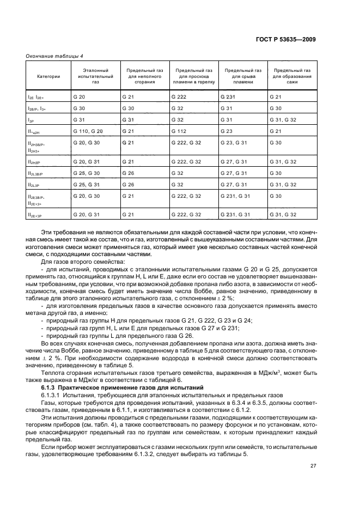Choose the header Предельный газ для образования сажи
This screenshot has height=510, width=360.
point(292,77)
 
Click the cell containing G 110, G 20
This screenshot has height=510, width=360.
point(88,131)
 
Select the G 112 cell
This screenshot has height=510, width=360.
point(179,131)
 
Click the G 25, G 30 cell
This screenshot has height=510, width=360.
point(88,173)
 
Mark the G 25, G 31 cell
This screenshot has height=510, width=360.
point(88,185)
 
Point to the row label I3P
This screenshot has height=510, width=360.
point(32,120)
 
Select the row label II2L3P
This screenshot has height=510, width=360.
point(34,185)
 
